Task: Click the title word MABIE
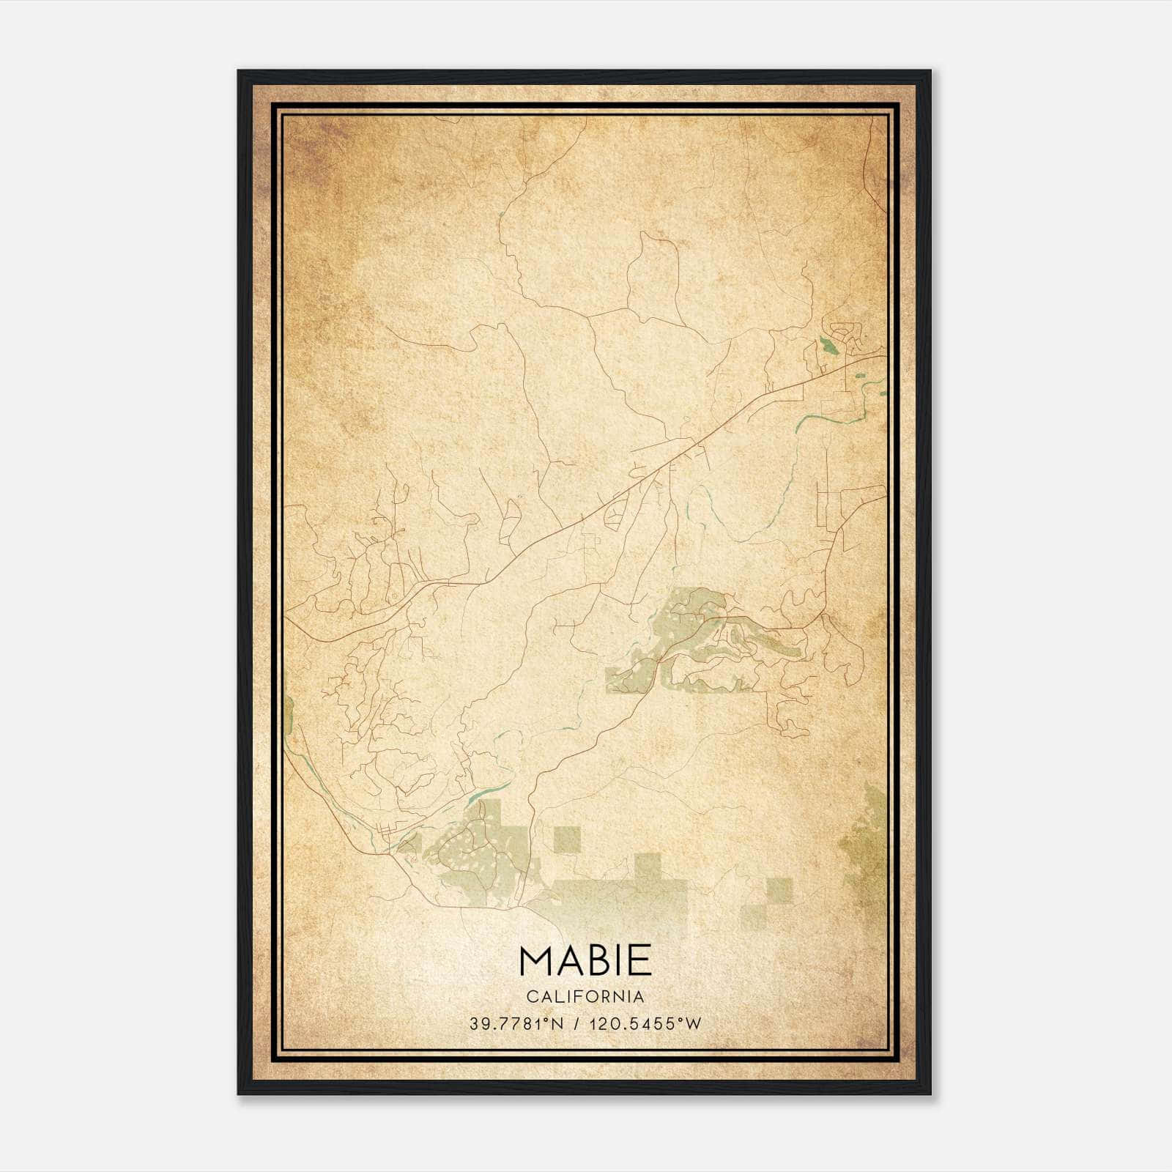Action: [585, 960]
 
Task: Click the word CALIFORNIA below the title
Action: [585, 997]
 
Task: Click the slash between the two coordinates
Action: [579, 1023]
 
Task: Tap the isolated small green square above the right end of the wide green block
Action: [779, 889]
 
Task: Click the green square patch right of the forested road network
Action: [567, 839]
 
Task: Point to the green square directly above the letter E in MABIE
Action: [648, 866]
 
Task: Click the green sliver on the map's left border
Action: [289, 714]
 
